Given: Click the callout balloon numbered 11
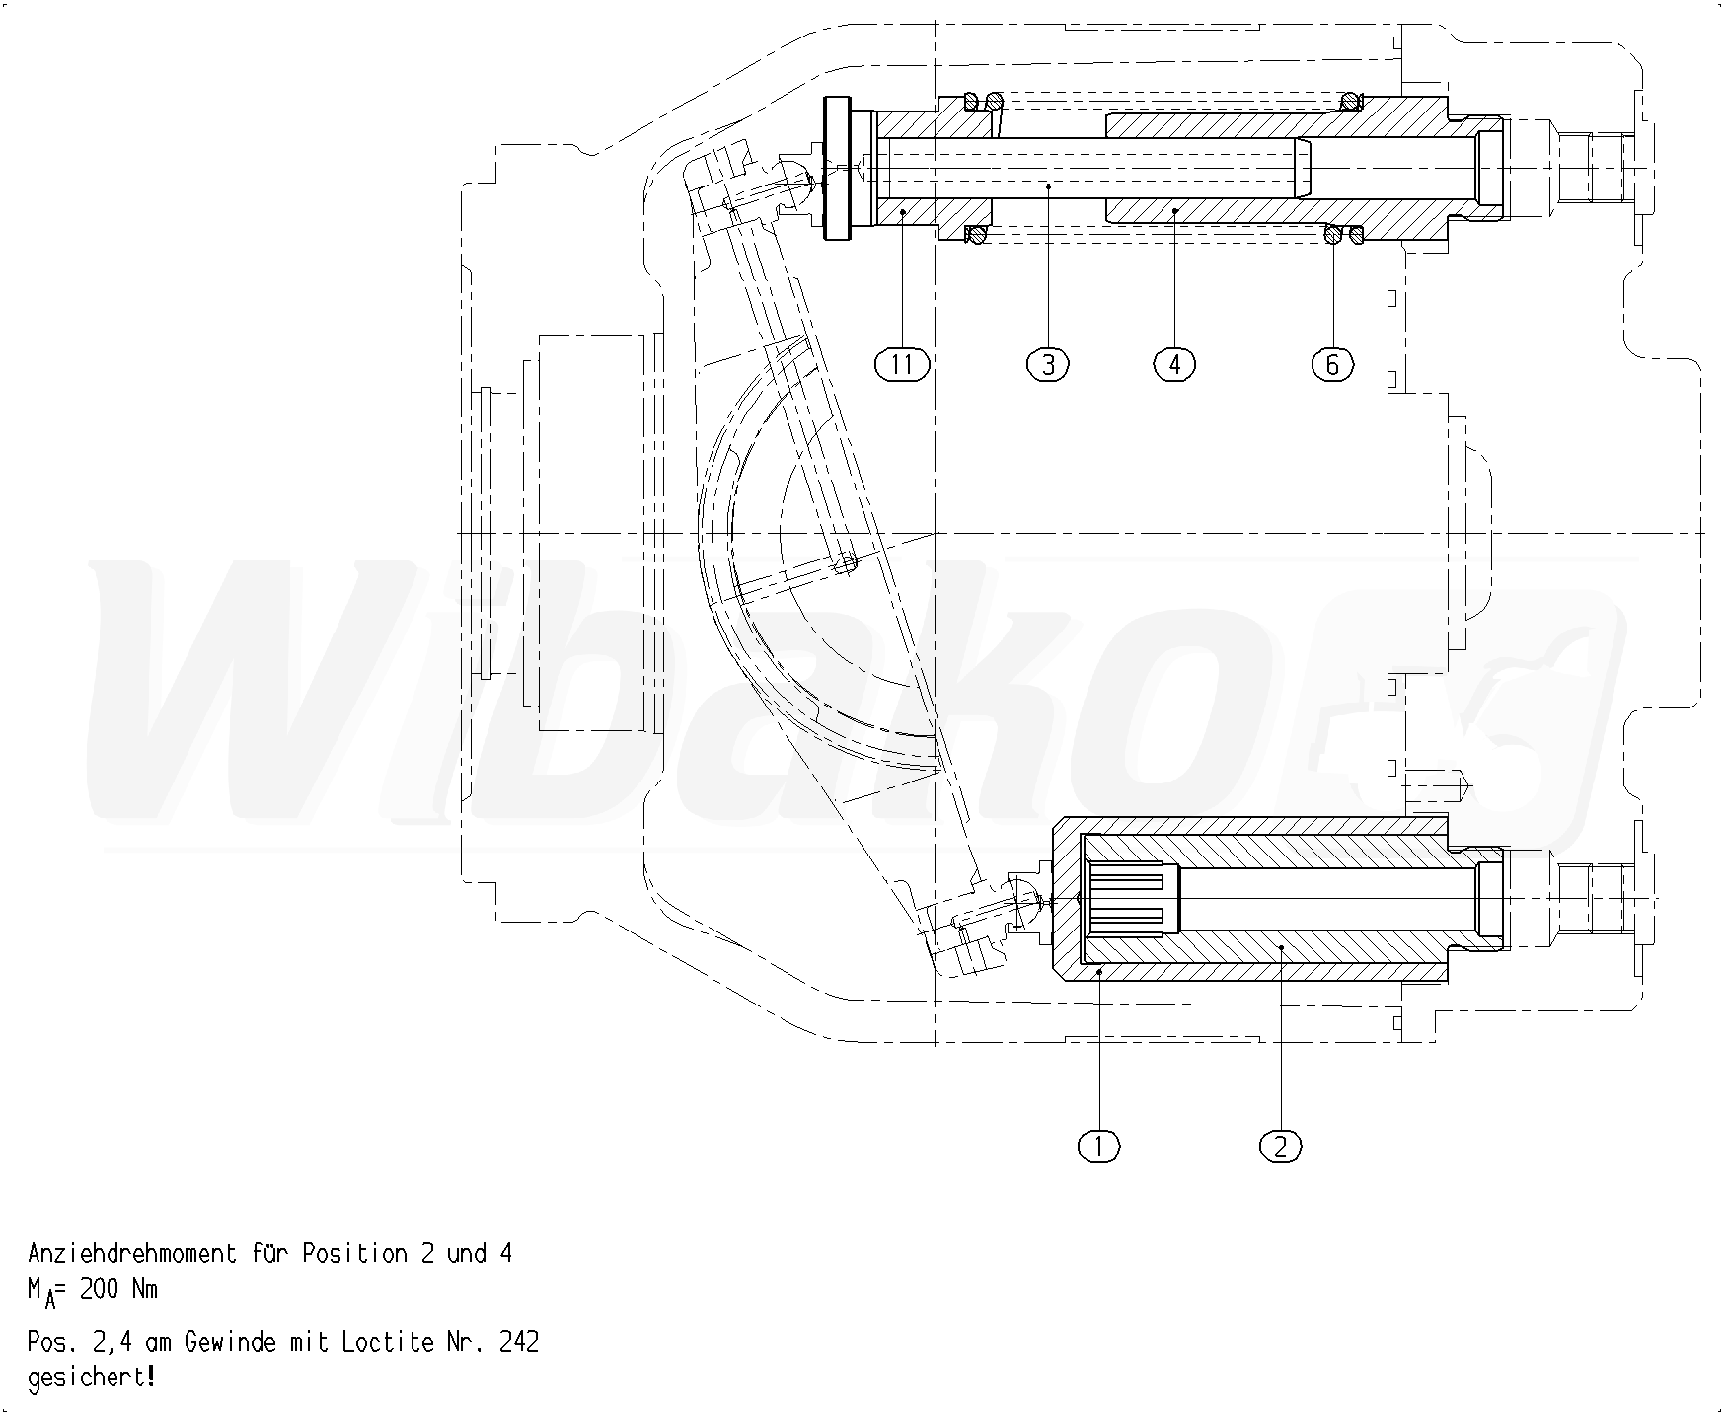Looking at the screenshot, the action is [902, 365].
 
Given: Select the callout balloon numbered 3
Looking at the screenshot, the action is [1048, 365].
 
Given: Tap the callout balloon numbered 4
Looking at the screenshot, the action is [1174, 365].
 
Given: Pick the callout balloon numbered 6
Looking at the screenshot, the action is [1332, 365].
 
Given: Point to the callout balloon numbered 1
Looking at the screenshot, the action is [1099, 1146].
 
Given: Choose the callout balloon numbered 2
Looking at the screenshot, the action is [1281, 1146].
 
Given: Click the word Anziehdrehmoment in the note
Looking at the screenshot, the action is [132, 1254].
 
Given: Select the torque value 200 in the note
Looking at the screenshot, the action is [99, 1289].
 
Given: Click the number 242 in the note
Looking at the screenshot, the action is [520, 1343].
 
